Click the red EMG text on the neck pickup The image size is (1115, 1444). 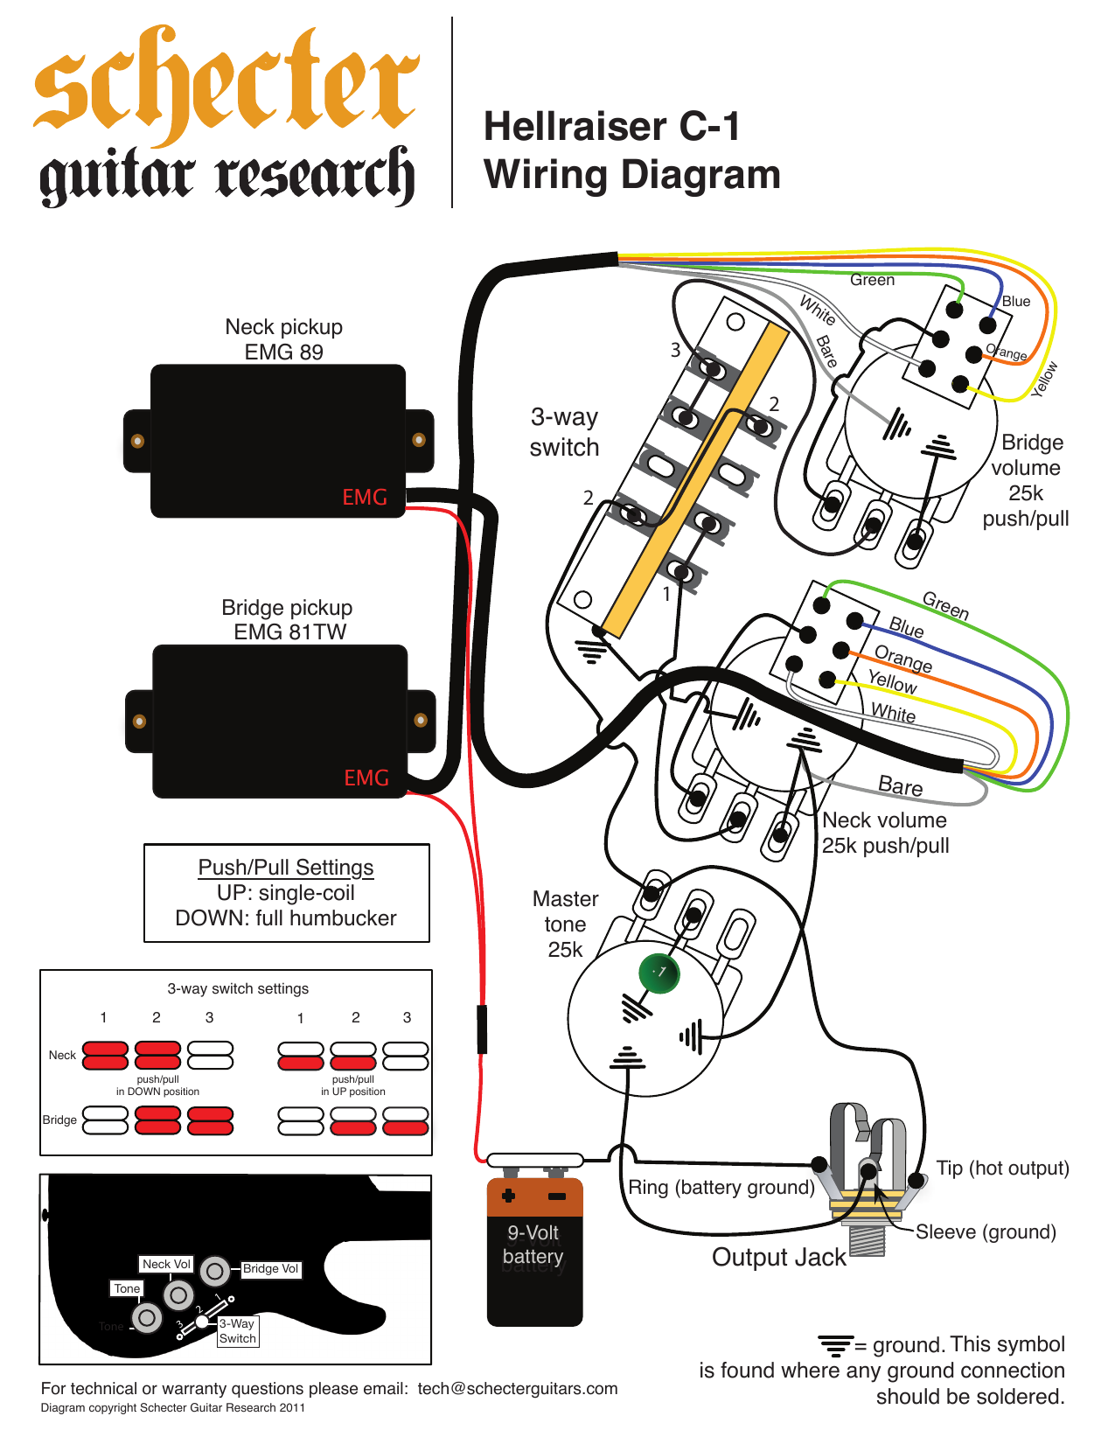click(365, 497)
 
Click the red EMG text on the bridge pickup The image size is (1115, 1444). click(366, 778)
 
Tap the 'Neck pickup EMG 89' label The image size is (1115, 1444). click(283, 339)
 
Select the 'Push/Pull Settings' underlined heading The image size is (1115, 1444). click(286, 867)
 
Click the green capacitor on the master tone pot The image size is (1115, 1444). click(659, 973)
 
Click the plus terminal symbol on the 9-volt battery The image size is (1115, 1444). click(508, 1196)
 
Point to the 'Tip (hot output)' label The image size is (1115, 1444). click(1002, 1168)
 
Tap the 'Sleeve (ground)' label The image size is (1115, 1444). click(986, 1232)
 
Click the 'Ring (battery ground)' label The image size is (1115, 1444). click(721, 1188)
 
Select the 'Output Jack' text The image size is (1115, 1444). click(778, 1258)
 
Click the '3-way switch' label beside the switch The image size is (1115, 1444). click(565, 432)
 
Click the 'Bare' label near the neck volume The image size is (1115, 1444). click(900, 786)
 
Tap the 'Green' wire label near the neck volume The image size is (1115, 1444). click(945, 605)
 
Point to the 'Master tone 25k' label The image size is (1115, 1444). click(565, 924)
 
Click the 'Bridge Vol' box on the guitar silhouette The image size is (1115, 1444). click(270, 1269)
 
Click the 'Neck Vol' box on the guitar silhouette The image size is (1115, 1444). click(166, 1264)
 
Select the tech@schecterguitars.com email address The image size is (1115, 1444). click(518, 1389)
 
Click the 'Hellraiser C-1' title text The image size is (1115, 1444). click(611, 127)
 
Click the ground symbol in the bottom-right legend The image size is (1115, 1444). click(835, 1344)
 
